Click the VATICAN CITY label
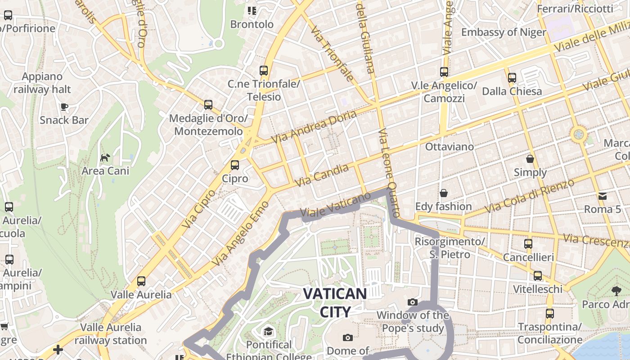coord(335,302)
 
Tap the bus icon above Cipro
coord(234,165)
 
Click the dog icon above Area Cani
coord(105,157)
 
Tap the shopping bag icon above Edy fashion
coord(444,193)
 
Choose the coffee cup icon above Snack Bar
coord(64,107)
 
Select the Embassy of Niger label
coord(504,32)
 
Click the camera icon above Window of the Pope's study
coord(412,302)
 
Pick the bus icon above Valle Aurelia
coord(141,281)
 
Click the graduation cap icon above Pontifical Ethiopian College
coord(268,332)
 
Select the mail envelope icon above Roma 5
coord(602,196)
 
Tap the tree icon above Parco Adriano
coord(616,291)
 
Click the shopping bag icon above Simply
coord(530,159)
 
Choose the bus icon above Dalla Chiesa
coord(512,77)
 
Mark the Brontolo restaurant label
coord(252,24)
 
